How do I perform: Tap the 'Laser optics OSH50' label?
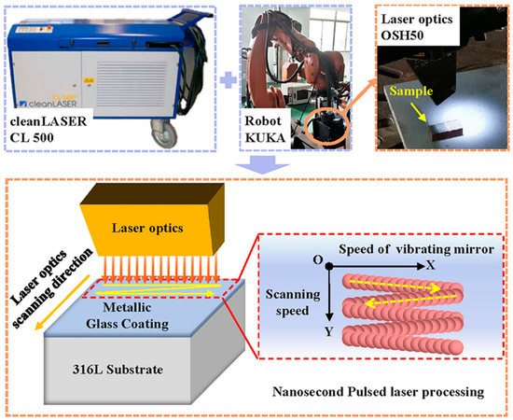[410, 30]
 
